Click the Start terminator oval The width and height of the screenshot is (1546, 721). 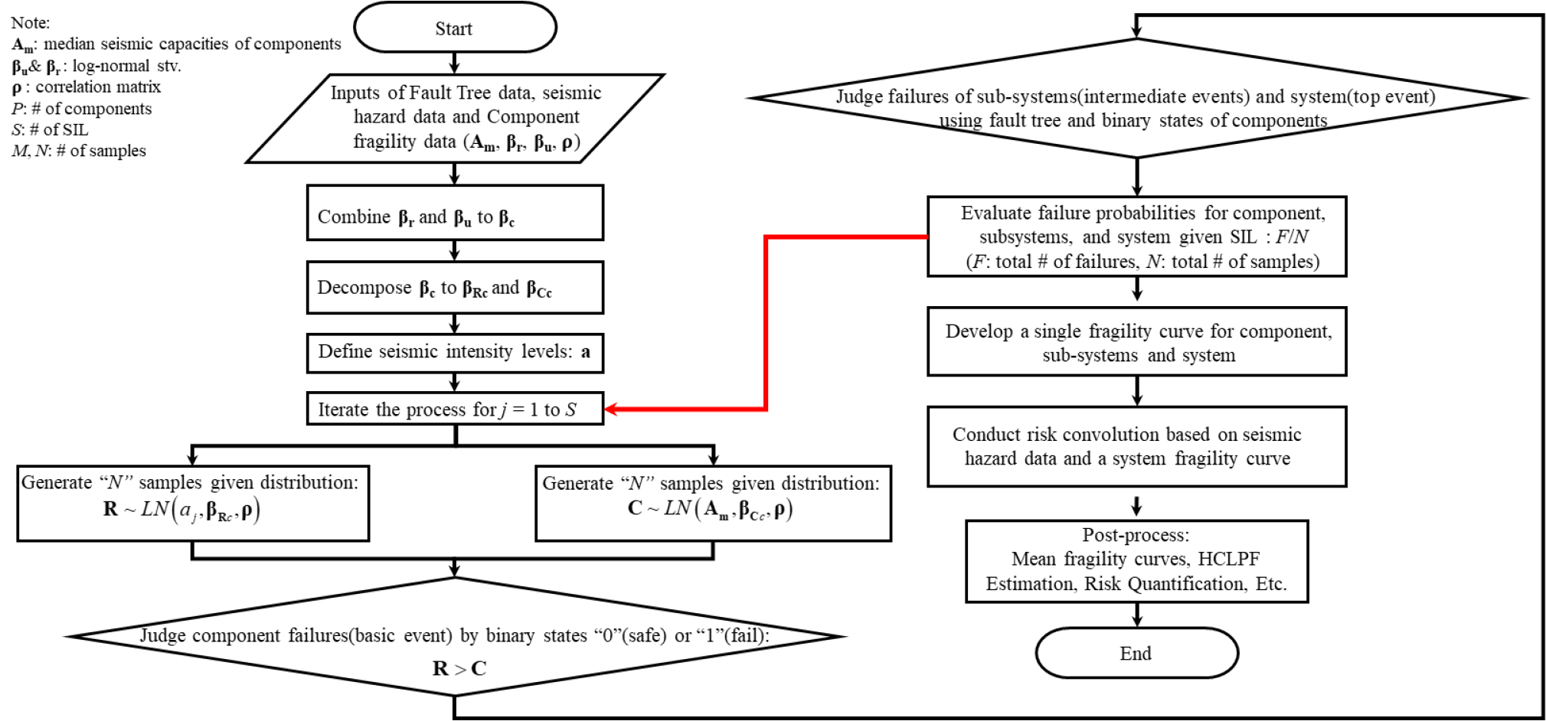coord(455,28)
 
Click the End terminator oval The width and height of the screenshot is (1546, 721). coord(1136,653)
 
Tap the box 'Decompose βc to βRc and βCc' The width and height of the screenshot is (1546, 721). coord(455,288)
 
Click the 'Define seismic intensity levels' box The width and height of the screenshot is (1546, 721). coord(455,352)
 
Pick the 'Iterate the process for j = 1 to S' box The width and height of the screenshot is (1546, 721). coord(455,409)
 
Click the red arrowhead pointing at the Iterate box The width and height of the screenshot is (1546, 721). coord(610,409)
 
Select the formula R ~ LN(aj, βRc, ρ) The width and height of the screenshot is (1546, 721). coord(181,510)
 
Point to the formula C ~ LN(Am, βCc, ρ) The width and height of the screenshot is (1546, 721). coord(710,509)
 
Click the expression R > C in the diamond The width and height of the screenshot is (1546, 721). coord(459,668)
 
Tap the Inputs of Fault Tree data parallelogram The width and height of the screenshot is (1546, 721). coord(455,118)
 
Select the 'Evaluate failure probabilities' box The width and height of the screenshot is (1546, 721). coord(1136,237)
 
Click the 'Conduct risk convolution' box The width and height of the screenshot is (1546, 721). coord(1136,446)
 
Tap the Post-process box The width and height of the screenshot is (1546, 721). coord(1136,561)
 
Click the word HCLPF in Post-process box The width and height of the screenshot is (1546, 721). coord(1228,559)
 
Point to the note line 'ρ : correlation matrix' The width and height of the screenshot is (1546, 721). coord(86,86)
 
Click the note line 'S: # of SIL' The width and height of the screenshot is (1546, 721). coord(49,129)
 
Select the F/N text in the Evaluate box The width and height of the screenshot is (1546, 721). coord(1291,237)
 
